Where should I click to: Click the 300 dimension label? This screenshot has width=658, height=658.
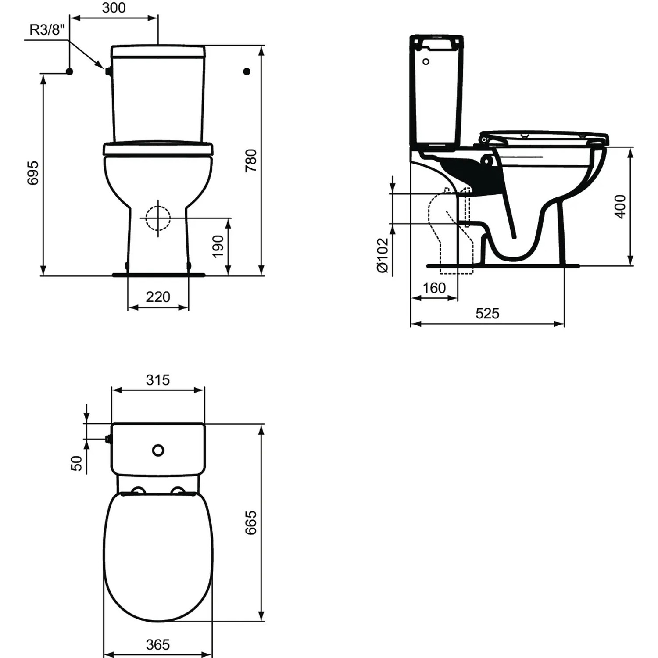114,8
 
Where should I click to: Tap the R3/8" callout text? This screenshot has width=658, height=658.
47,30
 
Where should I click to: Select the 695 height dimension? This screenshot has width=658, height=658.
33,173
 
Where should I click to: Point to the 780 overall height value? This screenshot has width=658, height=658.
250,161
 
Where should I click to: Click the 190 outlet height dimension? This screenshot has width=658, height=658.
218,247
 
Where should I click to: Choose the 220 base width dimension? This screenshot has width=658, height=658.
158,297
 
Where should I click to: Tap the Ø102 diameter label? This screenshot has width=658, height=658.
383,255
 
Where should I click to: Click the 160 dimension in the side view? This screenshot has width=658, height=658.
434,288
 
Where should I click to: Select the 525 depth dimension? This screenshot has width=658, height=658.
487,313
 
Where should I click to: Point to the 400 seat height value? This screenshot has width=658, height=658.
620,206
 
